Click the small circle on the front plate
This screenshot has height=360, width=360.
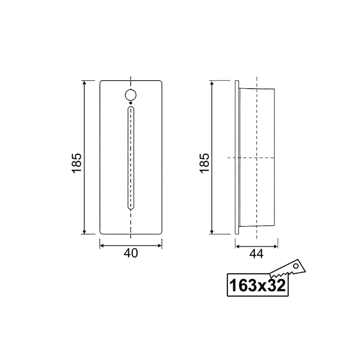point(130,95)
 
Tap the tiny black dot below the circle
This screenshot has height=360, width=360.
point(130,103)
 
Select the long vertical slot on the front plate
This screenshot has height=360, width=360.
point(131,158)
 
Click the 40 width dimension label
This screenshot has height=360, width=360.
point(131,253)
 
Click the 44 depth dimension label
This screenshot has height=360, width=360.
point(256,254)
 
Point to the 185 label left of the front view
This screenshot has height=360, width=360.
point(76,163)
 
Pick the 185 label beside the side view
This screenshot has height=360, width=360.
point(204,163)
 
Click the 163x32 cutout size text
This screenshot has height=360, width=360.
point(257,286)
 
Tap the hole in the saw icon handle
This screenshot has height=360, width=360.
point(296,266)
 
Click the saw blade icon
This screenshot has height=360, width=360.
point(288,269)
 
